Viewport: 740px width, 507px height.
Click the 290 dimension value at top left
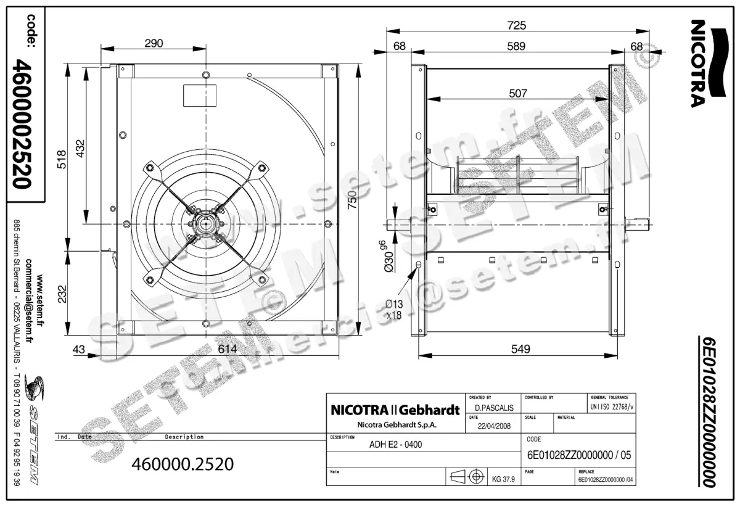tap(154, 43)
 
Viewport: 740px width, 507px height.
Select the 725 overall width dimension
tap(517, 25)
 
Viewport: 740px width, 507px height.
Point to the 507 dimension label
tap(518, 93)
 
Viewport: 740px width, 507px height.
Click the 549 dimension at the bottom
tap(520, 349)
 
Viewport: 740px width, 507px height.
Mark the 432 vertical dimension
tap(79, 147)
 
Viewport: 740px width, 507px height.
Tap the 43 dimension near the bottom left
tap(78, 349)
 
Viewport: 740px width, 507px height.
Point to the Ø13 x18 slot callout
tap(394, 308)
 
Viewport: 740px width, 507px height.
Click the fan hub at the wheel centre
tap(205, 223)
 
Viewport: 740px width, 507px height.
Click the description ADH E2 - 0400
tap(395, 444)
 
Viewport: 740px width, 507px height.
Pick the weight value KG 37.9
tap(504, 477)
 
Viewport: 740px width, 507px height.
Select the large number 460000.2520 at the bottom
tap(183, 464)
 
